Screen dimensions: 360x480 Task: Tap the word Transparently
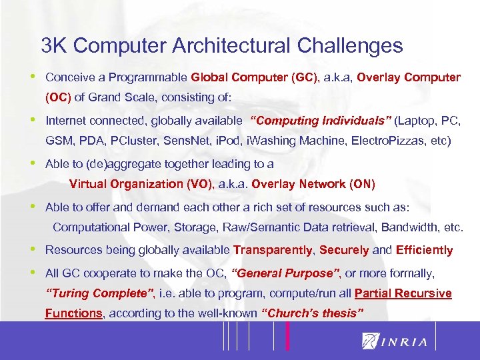pyautogui.click(x=273, y=251)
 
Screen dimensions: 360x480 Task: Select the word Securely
pyautogui.click(x=344, y=251)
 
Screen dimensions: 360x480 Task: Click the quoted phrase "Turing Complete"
pyautogui.click(x=100, y=293)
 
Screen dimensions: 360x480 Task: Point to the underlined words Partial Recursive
pyautogui.click(x=403, y=293)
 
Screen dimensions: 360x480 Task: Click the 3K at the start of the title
pyautogui.click(x=54, y=46)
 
